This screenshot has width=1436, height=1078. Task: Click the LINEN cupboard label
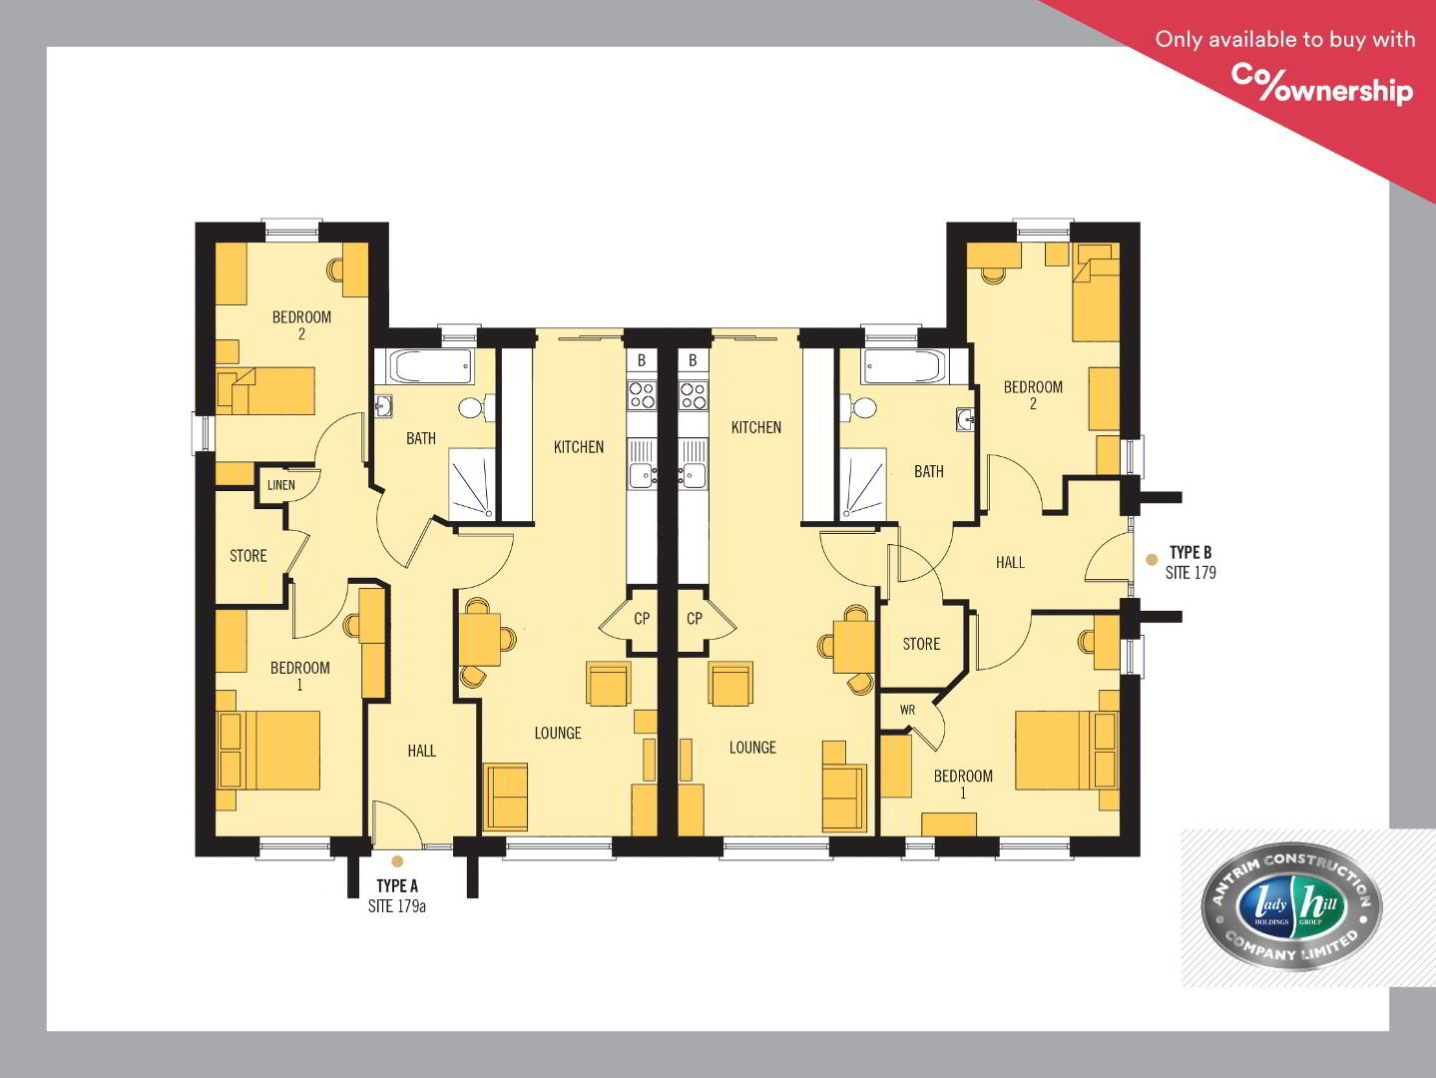click(x=281, y=485)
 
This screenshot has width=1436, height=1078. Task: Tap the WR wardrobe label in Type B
click(x=907, y=710)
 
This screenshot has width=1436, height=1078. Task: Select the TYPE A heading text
click(x=397, y=885)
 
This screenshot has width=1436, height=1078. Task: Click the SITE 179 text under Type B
click(x=1191, y=572)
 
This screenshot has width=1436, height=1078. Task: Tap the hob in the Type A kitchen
click(x=642, y=395)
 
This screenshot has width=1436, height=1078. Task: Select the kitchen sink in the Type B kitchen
click(x=693, y=464)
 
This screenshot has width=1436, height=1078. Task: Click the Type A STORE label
click(x=247, y=556)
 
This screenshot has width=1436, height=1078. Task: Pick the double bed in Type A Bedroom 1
click(x=268, y=751)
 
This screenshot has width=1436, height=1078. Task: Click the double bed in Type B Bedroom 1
click(x=1067, y=750)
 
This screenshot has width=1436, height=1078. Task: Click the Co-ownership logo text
click(x=1321, y=84)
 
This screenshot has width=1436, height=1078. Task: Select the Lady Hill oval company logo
click(x=1290, y=906)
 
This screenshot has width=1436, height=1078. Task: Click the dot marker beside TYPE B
click(x=1152, y=560)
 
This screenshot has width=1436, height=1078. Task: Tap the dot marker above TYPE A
click(x=397, y=861)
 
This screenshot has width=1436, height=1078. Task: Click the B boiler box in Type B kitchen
click(x=693, y=360)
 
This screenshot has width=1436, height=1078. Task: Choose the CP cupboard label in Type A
click(x=642, y=618)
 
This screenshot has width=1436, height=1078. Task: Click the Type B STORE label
click(x=921, y=645)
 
